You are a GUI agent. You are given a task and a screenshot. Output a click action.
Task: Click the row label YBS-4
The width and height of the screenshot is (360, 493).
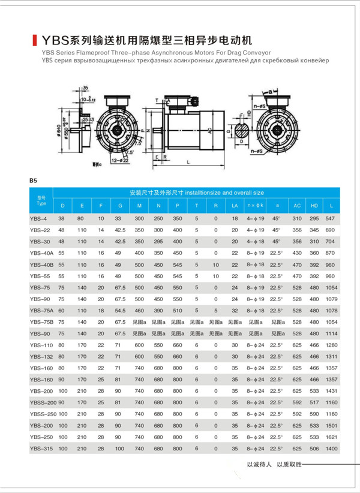(40, 218)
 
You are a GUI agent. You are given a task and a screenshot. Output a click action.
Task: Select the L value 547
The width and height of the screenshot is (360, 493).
(331, 218)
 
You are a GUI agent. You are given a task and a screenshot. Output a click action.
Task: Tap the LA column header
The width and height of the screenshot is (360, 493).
(235, 206)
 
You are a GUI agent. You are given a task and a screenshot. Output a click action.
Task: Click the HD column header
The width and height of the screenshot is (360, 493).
(314, 206)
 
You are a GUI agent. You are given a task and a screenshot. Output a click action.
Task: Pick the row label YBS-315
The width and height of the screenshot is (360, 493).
(41, 449)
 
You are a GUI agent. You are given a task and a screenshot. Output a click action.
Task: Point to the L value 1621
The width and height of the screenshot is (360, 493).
(331, 437)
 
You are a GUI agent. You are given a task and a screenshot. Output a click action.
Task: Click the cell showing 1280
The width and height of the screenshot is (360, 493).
(331, 345)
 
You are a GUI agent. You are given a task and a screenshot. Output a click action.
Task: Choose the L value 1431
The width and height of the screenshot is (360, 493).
(331, 391)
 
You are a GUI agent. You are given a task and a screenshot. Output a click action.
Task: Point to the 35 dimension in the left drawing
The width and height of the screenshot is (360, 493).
(85, 88)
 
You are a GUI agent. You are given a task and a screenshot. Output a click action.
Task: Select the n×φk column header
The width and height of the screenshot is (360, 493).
(256, 206)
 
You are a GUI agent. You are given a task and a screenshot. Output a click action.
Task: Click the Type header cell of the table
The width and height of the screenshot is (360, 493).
(41, 200)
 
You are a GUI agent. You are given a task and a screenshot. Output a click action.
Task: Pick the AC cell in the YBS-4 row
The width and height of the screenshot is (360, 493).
(296, 218)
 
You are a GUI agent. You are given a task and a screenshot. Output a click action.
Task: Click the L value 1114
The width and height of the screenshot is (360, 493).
(331, 333)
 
